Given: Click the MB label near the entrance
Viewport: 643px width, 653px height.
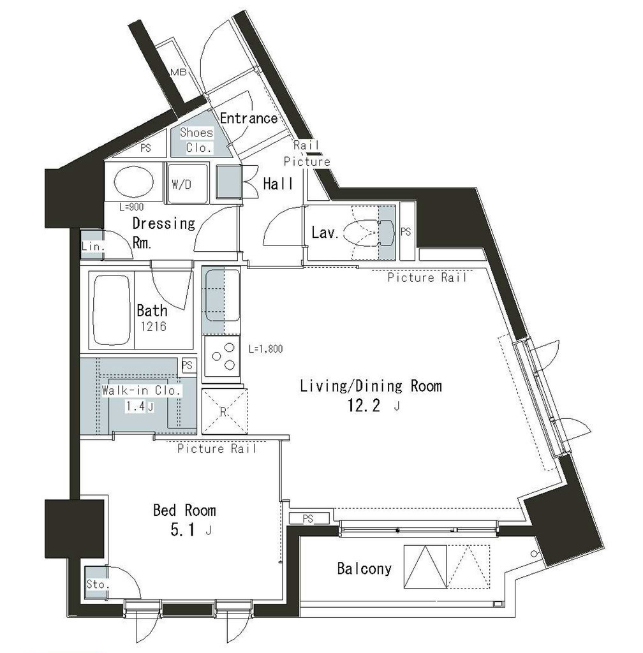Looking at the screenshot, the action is (179, 72).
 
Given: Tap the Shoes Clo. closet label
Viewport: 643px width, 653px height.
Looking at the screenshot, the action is (196, 140).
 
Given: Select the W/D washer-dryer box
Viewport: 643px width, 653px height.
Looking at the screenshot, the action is (188, 183).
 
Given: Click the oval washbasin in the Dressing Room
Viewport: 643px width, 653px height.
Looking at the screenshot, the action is (134, 182).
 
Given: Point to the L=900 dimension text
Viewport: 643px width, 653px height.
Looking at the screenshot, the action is (131, 207).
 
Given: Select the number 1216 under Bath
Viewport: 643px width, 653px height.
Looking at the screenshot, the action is (153, 326).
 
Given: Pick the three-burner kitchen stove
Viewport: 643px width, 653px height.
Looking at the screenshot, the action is (222, 359).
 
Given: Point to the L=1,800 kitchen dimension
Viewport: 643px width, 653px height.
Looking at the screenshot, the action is (266, 349).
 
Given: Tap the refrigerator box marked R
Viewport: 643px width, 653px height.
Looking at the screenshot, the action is (224, 412).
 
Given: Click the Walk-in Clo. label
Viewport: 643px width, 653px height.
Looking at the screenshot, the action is (142, 391).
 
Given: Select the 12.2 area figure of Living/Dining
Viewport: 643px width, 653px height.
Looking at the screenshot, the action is (364, 405).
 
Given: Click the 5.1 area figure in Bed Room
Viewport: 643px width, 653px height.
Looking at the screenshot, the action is (182, 530).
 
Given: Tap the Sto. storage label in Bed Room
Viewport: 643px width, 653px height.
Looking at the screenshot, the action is (98, 584).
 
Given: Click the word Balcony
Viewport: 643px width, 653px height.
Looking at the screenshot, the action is (364, 568).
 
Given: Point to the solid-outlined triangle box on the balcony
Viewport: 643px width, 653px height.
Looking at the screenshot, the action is (425, 567).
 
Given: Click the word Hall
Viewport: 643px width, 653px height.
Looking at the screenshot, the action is (277, 184).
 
